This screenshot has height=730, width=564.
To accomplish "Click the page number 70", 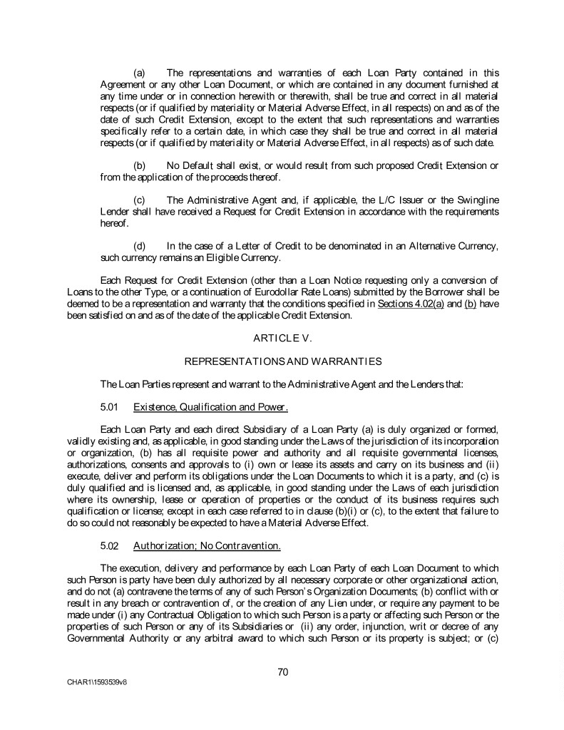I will [282, 671].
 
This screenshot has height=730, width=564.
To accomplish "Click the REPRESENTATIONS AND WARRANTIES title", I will [282, 361].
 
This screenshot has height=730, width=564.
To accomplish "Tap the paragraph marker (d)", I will [140, 246].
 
